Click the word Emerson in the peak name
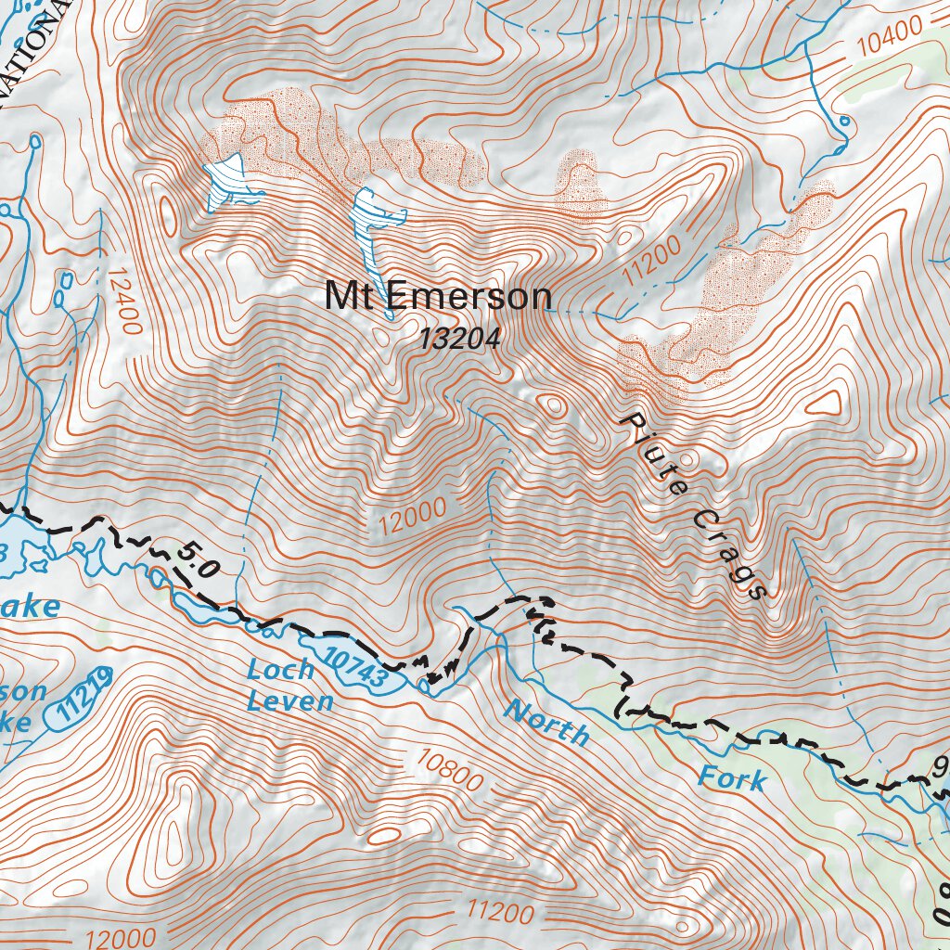468,297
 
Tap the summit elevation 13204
459,340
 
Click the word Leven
289,700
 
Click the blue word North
546,724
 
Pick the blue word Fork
733,777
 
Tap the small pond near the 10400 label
843,122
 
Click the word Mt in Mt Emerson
350,297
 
